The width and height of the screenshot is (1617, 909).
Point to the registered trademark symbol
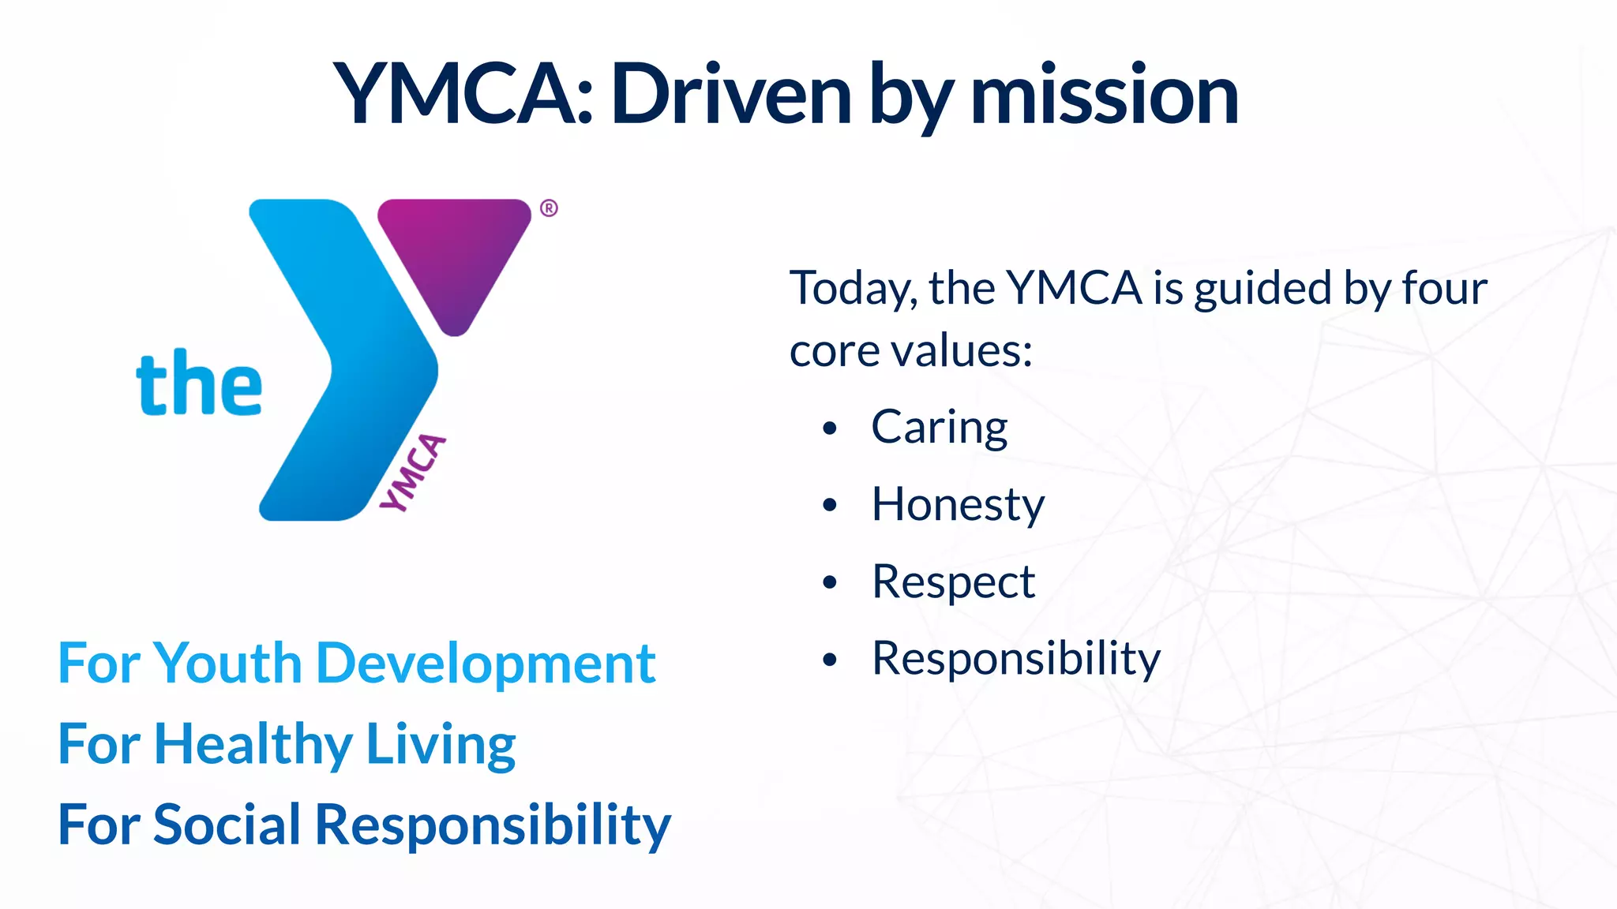[x=549, y=208]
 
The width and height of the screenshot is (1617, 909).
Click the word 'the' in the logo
[x=199, y=384]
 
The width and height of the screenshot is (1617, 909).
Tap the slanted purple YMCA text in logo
[x=413, y=473]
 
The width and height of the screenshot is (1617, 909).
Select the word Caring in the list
[x=940, y=428]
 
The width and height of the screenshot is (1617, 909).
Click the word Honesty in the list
[x=958, y=505]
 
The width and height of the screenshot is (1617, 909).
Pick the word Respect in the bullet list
[x=953, y=582]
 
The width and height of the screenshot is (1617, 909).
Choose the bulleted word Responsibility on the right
[x=1016, y=659]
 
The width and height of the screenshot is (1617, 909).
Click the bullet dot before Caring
[x=829, y=428]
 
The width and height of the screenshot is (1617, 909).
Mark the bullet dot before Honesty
[x=829, y=505]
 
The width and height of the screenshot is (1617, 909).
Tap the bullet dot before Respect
[x=829, y=582]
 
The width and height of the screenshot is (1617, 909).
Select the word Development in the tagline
[x=486, y=664]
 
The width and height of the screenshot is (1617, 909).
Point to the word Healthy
[x=253, y=745]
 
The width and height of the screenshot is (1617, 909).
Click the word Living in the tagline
[x=441, y=745]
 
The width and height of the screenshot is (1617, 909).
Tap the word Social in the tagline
[x=227, y=825]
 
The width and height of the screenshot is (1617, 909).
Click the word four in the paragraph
[x=1444, y=288]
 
